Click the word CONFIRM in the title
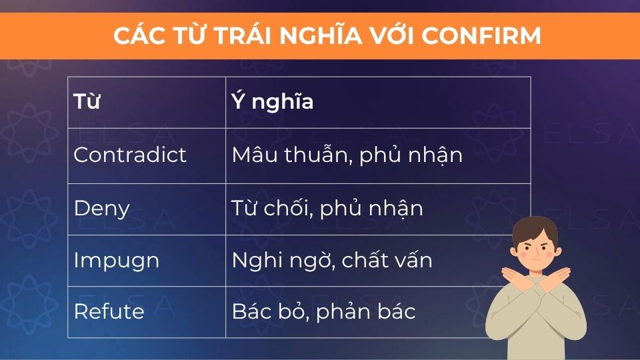point(481,35)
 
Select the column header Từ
point(87,101)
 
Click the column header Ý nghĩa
point(272,101)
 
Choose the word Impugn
point(116,261)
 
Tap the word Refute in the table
point(109,311)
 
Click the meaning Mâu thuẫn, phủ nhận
point(347,155)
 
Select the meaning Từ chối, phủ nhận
point(327,208)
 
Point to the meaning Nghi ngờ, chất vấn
point(332,261)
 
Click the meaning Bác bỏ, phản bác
point(323,311)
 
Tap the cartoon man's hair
point(534,231)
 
